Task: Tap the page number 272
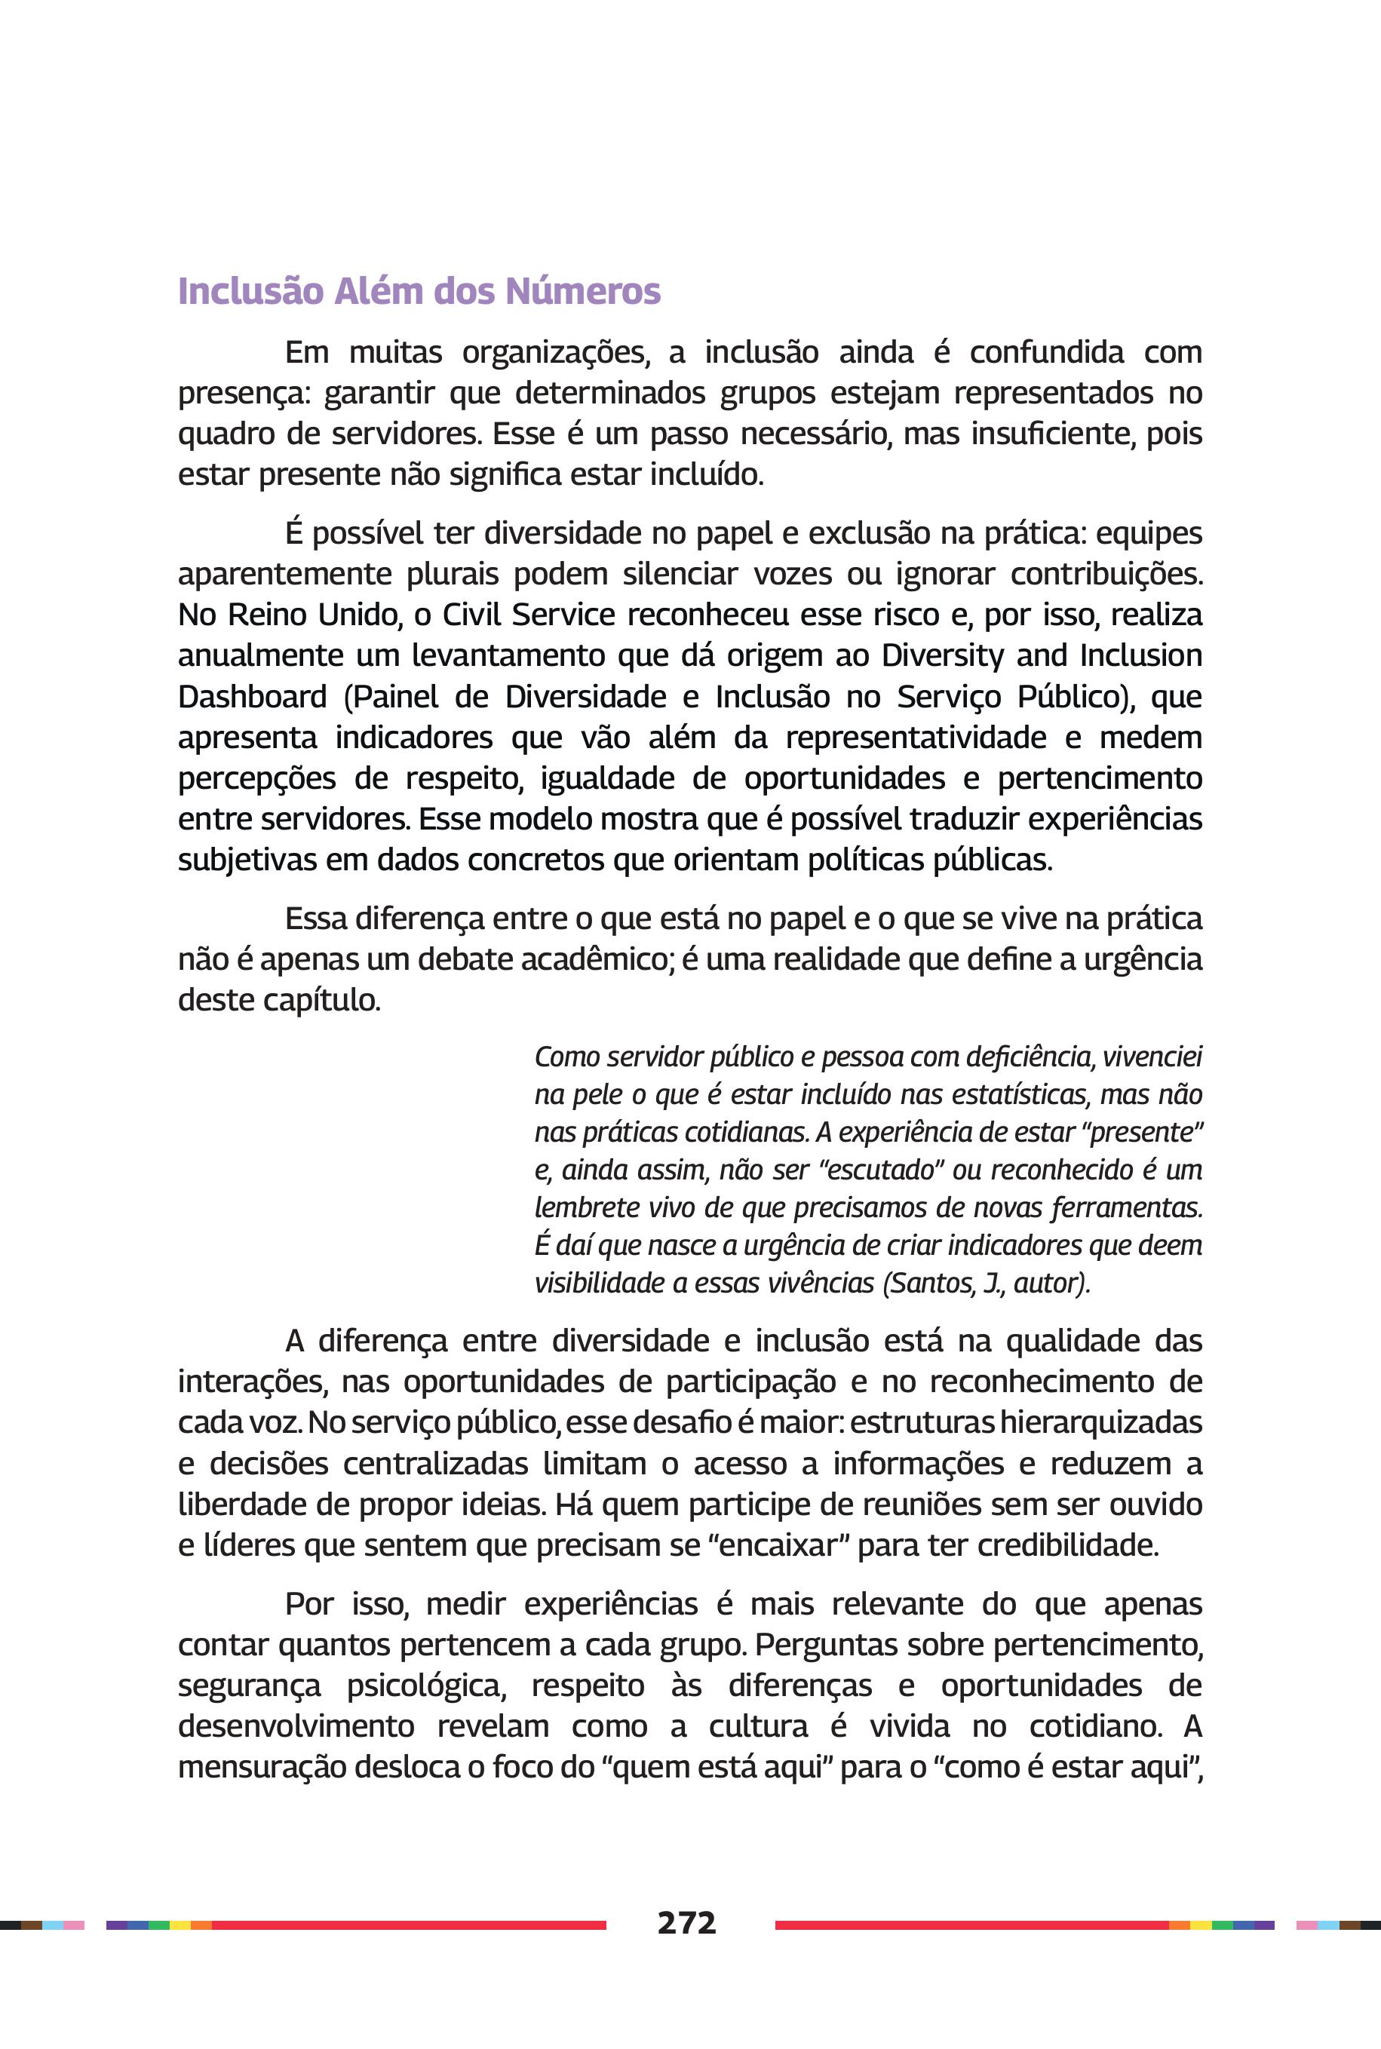point(686,1922)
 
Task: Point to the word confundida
point(1046,352)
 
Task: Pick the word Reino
point(269,615)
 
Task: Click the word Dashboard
point(252,697)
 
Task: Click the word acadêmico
point(597,959)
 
